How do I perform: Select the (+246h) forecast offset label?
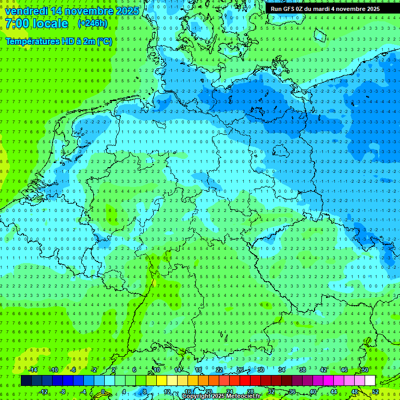93,23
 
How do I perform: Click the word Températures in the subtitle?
33,41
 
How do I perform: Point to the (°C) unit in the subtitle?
104,41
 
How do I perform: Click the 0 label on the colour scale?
103,392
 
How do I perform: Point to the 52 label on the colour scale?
376,392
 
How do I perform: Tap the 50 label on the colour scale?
365,370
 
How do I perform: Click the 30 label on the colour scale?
261,370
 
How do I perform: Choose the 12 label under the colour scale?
167,392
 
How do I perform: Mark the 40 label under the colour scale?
313,392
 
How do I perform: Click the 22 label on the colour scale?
219,370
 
